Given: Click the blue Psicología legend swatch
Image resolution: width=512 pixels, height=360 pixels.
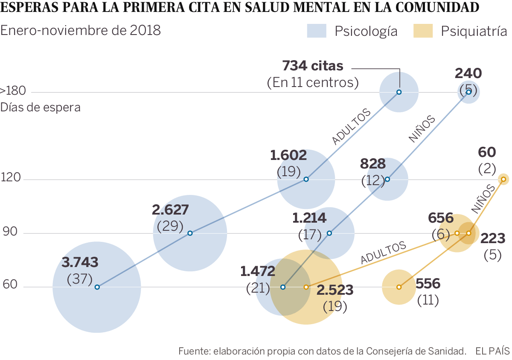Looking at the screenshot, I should (x=316, y=31).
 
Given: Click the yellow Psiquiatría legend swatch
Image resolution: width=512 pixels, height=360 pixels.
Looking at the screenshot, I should (x=423, y=31).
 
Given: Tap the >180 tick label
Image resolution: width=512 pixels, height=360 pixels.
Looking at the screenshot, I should (x=13, y=91).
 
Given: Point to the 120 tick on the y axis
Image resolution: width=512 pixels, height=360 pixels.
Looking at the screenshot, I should (x=12, y=178).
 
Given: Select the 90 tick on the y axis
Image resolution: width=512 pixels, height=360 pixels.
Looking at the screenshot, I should (x=10, y=232).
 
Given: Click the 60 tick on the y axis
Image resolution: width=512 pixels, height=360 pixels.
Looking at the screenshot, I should (x=10, y=286).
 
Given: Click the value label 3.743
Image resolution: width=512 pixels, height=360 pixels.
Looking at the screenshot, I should (x=80, y=262).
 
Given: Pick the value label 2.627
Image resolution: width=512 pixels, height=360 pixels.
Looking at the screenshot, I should (x=170, y=210).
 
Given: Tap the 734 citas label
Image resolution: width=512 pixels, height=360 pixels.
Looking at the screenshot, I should (x=313, y=66).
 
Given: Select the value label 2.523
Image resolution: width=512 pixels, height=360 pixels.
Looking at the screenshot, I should (x=335, y=290).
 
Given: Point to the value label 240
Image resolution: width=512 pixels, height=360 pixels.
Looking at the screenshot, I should (x=468, y=73).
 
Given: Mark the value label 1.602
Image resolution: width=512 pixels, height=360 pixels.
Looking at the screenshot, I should (x=288, y=155).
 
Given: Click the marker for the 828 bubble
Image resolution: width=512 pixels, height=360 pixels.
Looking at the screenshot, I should (x=387, y=179).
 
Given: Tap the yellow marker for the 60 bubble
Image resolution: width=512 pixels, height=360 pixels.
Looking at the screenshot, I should (x=503, y=179).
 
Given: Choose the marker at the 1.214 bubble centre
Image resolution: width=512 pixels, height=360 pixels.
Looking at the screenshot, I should (x=329, y=233).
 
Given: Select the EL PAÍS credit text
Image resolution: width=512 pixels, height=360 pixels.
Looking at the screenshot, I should (x=492, y=351).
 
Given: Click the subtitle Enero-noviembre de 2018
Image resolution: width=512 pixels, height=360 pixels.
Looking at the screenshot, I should (x=81, y=31).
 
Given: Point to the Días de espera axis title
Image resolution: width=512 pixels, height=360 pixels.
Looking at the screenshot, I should (x=41, y=107).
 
